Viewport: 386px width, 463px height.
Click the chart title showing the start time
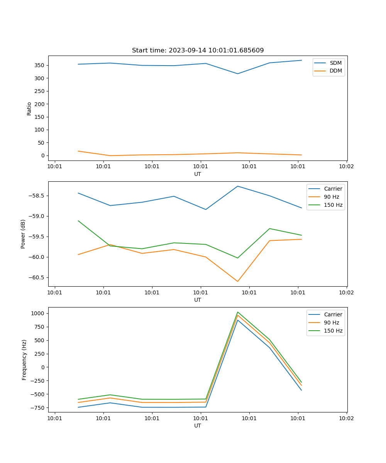(x=198, y=51)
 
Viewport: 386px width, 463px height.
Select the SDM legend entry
(x=335, y=63)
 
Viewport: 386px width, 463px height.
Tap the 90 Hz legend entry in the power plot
(x=331, y=197)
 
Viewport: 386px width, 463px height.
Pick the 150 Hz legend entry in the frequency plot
(x=333, y=331)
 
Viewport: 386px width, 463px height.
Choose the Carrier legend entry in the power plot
(x=333, y=189)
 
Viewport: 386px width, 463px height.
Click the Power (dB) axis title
(x=23, y=234)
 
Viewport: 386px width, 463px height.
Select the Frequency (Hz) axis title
(x=24, y=360)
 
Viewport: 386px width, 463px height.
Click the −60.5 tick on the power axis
(x=38, y=277)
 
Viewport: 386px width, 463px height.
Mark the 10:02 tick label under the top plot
(x=346, y=167)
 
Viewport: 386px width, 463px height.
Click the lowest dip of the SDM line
(x=237, y=74)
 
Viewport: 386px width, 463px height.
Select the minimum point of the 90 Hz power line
(x=237, y=281)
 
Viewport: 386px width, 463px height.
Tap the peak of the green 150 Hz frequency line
(x=237, y=312)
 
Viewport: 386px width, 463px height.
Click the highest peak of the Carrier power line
(x=237, y=186)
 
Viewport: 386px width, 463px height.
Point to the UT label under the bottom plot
(x=198, y=426)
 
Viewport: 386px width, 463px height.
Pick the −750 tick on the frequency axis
(x=39, y=407)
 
